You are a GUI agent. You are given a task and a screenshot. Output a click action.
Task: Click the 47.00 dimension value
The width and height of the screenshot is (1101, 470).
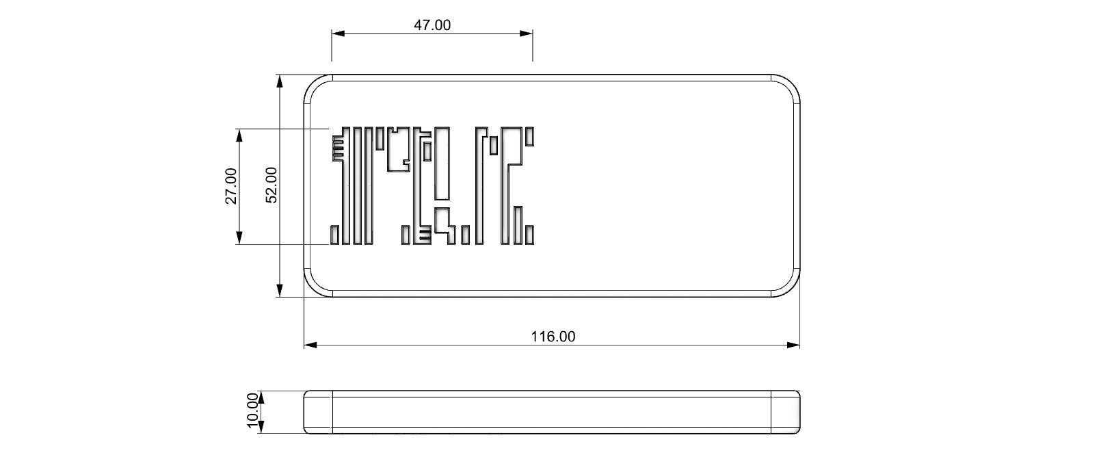pyautogui.click(x=432, y=25)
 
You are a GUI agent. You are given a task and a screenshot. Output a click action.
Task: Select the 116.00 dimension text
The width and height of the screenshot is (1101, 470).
pyautogui.click(x=553, y=337)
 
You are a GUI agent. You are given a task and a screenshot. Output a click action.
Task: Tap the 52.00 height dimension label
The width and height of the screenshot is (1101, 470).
pyautogui.click(x=271, y=185)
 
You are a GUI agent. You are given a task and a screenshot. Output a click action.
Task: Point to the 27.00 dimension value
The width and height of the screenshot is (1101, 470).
pyautogui.click(x=231, y=186)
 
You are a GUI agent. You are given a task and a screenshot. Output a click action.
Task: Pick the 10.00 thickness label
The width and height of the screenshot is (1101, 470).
pyautogui.click(x=252, y=411)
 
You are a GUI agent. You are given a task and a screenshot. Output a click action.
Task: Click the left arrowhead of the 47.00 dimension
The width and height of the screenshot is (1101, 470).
pyautogui.click(x=338, y=34)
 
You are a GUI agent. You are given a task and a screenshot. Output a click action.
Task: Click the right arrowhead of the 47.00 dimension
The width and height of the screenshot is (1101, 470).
pyautogui.click(x=527, y=34)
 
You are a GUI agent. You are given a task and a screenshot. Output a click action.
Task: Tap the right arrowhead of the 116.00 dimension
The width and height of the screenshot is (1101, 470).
pyautogui.click(x=793, y=345)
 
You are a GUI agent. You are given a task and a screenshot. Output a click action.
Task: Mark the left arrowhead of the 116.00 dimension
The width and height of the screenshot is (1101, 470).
pyautogui.click(x=310, y=345)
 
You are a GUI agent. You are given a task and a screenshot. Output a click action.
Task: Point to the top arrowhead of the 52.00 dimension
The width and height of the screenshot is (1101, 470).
pyautogui.click(x=280, y=81)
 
